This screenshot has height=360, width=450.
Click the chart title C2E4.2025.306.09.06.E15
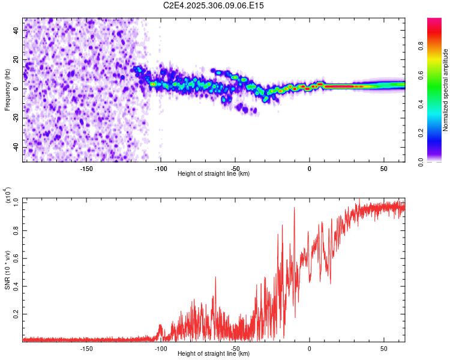(x=214, y=5)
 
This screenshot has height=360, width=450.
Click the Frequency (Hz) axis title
(x=7, y=90)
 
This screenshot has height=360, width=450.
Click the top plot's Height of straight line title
(x=214, y=174)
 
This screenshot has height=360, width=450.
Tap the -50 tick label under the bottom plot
(x=235, y=348)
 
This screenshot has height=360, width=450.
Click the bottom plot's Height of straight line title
(x=214, y=354)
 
